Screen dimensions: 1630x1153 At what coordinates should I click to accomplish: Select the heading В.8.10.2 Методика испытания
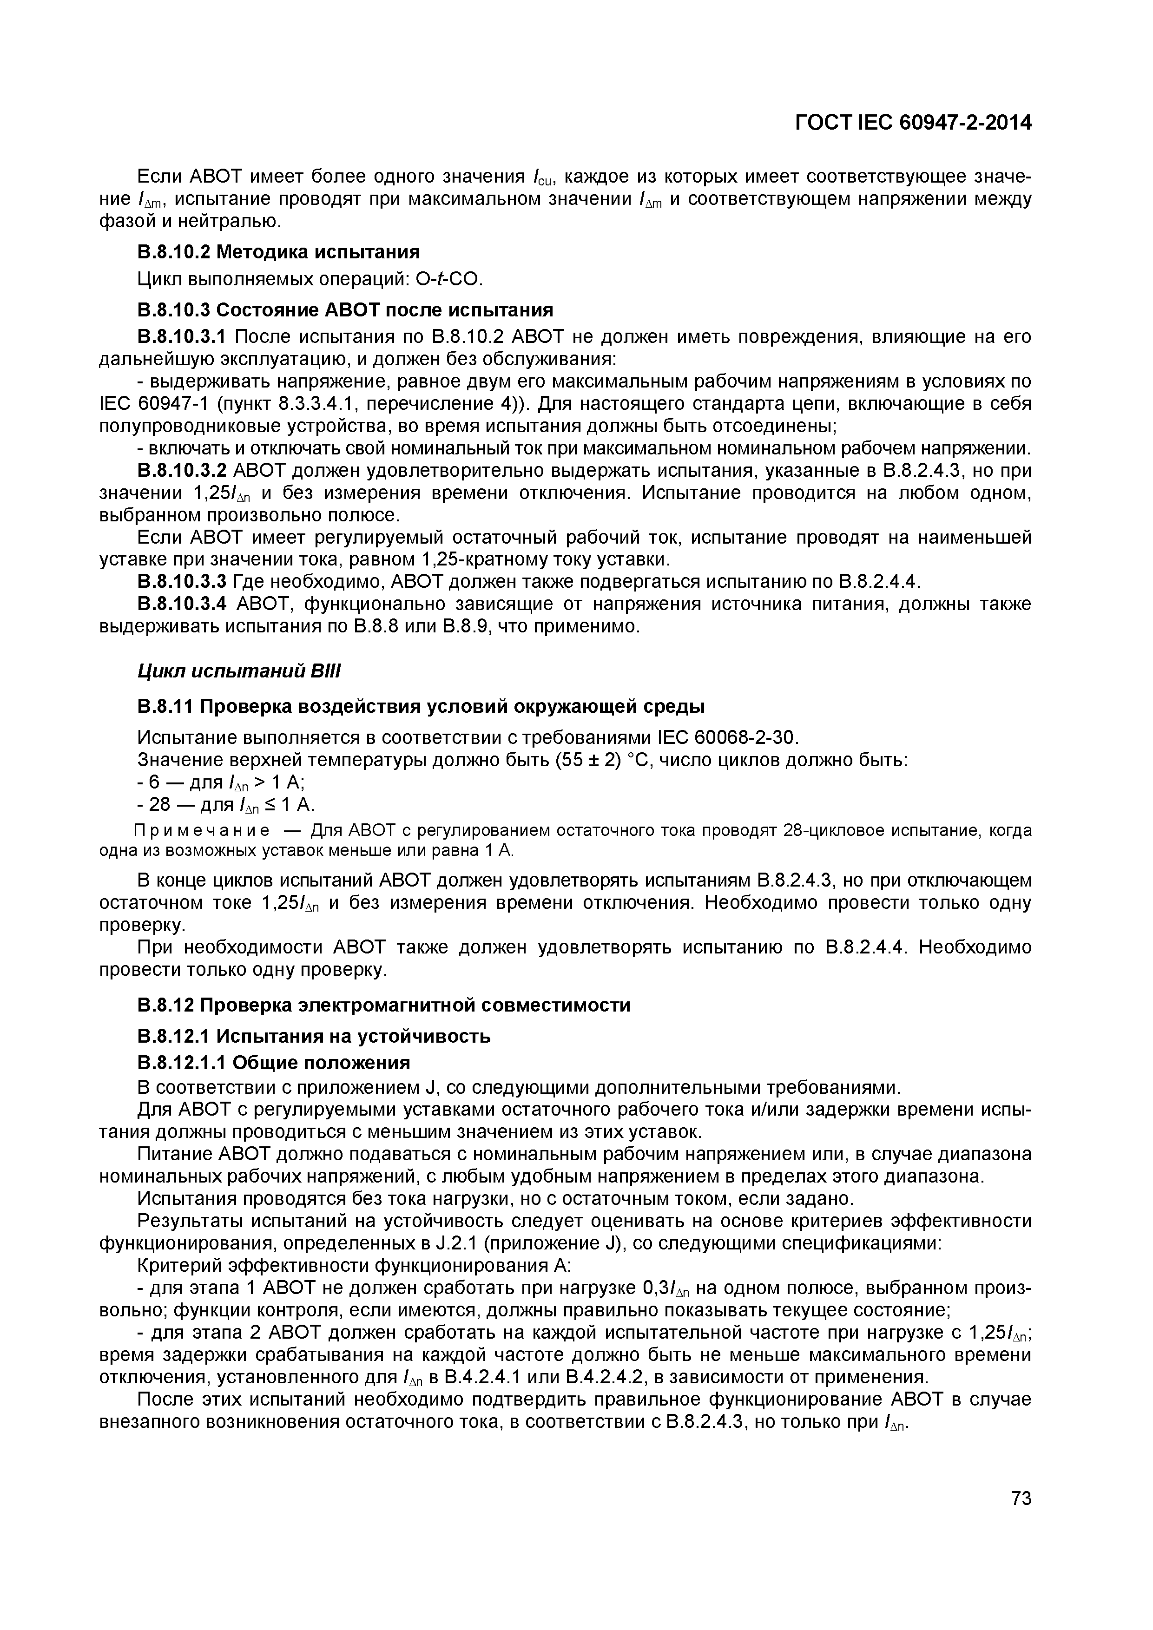pyautogui.click(x=278, y=251)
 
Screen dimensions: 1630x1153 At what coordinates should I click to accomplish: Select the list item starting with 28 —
pyautogui.click(x=226, y=805)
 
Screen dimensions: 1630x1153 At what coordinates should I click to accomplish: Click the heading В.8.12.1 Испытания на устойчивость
pyautogui.click(x=314, y=1037)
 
